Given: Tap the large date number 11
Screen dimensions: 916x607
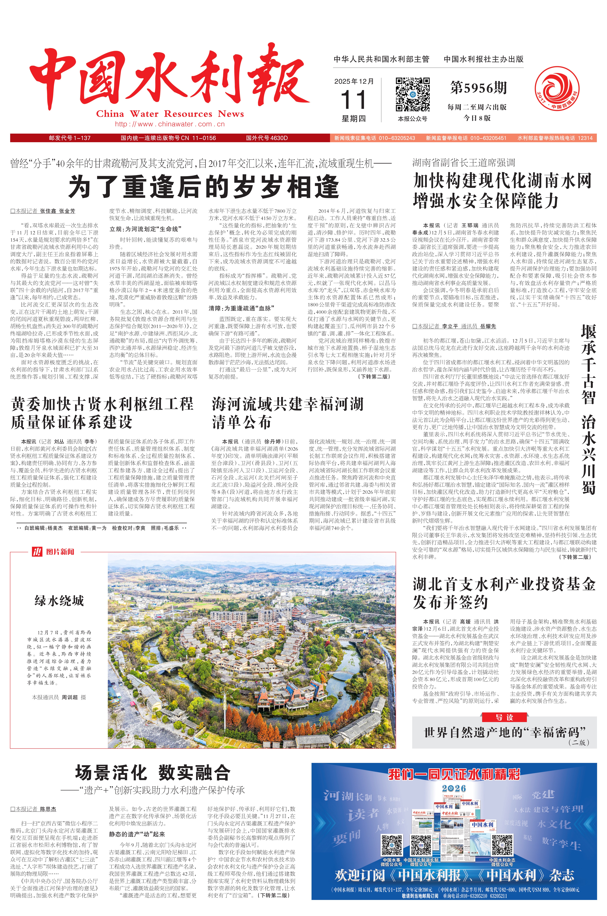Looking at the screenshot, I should [353, 100].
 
